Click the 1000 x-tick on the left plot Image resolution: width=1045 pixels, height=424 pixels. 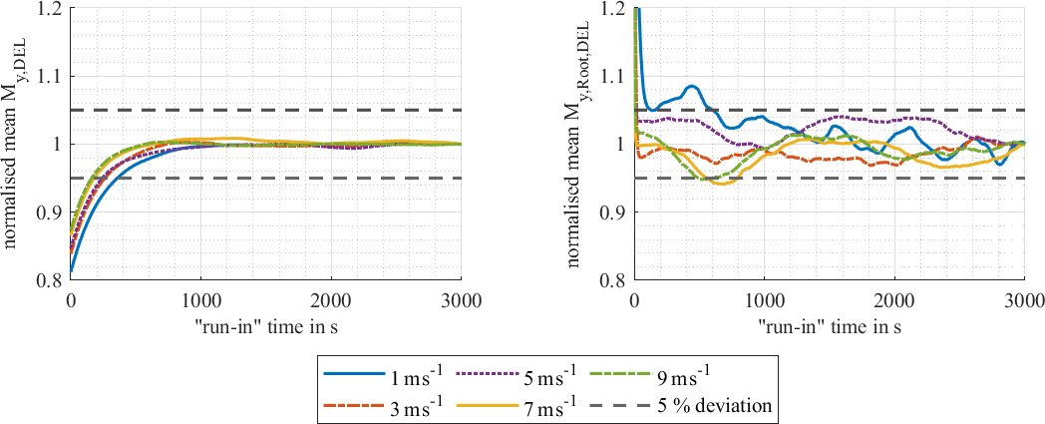pyautogui.click(x=200, y=298)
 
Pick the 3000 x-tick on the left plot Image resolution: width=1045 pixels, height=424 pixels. pyautogui.click(x=460, y=298)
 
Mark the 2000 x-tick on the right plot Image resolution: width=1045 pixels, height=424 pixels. pyautogui.click(x=894, y=298)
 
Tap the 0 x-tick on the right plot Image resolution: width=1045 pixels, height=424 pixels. pyautogui.click(x=635, y=298)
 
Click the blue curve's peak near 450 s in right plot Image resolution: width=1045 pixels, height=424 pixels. pyautogui.click(x=693, y=86)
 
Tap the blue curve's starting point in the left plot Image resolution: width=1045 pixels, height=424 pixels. pyautogui.click(x=71, y=270)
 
